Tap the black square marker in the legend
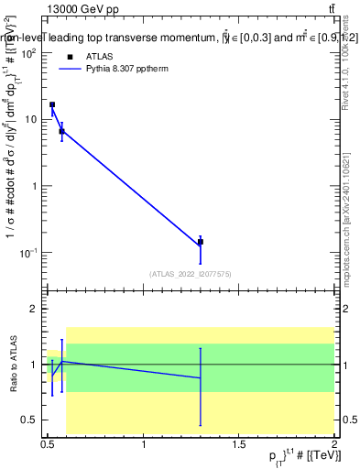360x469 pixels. (70, 55)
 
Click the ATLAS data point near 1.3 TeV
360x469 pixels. (201, 242)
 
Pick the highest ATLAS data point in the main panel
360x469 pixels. (52, 104)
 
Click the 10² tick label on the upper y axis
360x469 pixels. (27, 53)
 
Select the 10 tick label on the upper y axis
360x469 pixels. (29, 120)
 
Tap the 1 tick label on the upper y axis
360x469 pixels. (34, 186)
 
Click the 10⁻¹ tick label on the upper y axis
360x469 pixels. (27, 252)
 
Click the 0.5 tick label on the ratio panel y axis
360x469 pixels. (29, 420)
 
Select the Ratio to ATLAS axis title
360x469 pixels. (13, 365)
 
